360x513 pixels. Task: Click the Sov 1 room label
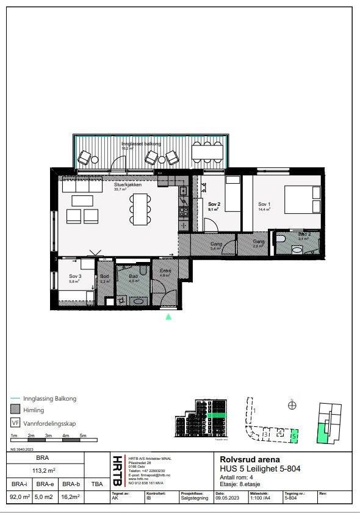point(264,204)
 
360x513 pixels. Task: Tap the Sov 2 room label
point(214,204)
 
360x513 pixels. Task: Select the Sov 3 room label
point(74,275)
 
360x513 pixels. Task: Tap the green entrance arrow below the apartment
point(169,316)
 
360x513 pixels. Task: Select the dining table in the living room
point(140,209)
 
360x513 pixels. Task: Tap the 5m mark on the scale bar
point(84,435)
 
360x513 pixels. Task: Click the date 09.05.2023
point(226,497)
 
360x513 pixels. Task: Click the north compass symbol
point(292,404)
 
